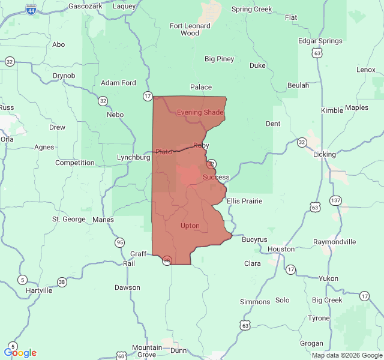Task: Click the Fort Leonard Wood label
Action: (x=190, y=29)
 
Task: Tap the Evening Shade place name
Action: (x=200, y=112)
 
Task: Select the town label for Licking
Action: (x=325, y=154)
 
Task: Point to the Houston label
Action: (x=281, y=248)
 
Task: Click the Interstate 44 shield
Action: (x=31, y=10)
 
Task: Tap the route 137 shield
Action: (x=336, y=200)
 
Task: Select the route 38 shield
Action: (x=62, y=282)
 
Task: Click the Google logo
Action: (x=20, y=353)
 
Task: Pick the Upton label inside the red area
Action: (x=190, y=226)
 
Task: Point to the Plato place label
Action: (x=164, y=152)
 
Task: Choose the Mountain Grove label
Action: (x=147, y=351)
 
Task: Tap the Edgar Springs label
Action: (x=320, y=41)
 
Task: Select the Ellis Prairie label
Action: (x=244, y=201)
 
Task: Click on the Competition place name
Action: (x=74, y=163)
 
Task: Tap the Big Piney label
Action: (x=220, y=59)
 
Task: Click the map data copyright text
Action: (x=347, y=355)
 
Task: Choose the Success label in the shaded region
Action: (x=216, y=177)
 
